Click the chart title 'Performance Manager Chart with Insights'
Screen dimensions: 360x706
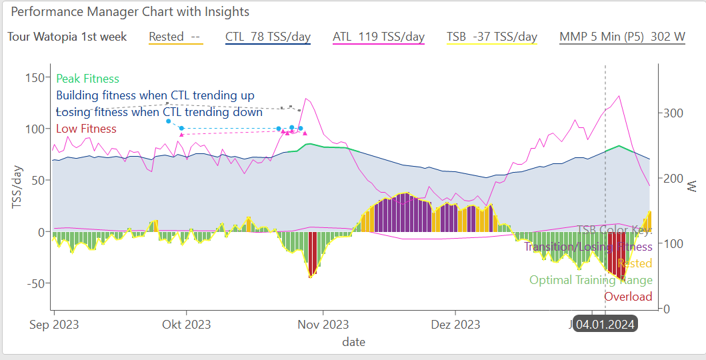pos(130,12)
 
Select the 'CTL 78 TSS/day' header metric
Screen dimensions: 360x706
pos(268,37)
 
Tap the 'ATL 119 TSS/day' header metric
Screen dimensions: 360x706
pos(379,37)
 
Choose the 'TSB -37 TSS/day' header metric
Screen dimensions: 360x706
pos(492,37)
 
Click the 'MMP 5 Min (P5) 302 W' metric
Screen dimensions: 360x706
pos(623,37)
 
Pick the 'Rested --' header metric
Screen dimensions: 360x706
pos(175,37)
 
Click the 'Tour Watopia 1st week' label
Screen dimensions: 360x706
pos(67,37)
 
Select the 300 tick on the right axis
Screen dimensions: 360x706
pos(671,113)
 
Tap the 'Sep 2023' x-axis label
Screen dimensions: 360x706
pos(55,325)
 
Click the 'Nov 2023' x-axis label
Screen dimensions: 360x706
pos(323,325)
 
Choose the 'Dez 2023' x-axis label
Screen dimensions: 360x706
pos(455,325)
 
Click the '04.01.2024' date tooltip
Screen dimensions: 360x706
pos(605,325)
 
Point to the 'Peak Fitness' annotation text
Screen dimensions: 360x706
pos(88,79)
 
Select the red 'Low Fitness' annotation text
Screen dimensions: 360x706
pos(86,129)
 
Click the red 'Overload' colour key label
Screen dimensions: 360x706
pos(628,297)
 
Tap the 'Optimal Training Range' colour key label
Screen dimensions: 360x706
pos(591,280)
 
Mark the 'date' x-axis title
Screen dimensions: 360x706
pos(353,342)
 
